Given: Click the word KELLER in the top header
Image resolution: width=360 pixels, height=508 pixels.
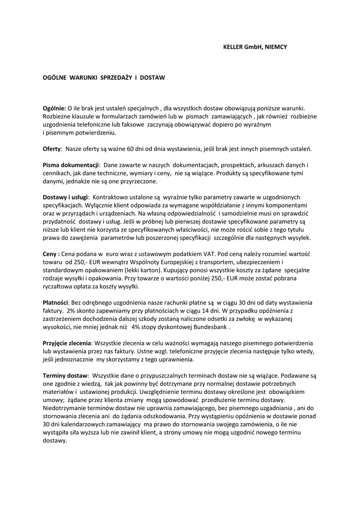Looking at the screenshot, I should click(233, 47).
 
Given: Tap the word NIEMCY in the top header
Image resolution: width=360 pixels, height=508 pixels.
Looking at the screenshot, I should click(276, 47).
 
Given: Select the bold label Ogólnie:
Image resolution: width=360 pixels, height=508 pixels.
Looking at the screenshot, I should click(55, 108).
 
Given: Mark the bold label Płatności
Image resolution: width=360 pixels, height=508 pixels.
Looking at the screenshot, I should click(56, 302).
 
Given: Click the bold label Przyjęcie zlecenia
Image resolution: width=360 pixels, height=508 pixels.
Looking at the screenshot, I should click(67, 343).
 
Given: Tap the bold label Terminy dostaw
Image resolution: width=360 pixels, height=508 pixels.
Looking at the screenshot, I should click(65, 376).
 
